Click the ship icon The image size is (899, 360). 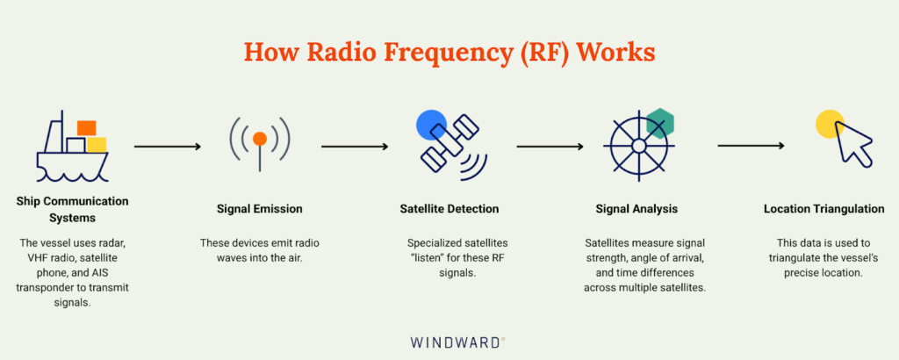tap(72, 149)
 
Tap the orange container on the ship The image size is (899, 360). tap(86, 128)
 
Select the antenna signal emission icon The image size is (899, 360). tap(260, 144)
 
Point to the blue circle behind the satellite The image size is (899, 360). tap(431, 126)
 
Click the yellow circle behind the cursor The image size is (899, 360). tap(830, 125)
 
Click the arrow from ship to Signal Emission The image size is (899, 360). tap(167, 147)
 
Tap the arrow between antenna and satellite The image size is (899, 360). tap(355, 147)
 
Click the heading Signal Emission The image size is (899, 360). tap(260, 209)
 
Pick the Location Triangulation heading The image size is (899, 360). tap(823, 209)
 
